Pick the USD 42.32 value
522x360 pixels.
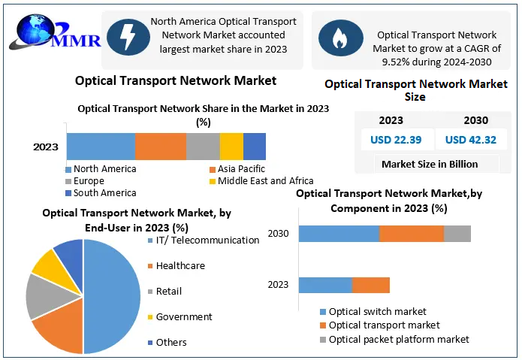point(470,139)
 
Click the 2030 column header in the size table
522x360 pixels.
point(475,120)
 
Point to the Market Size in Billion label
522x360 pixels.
point(430,164)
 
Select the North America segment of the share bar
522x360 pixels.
point(100,146)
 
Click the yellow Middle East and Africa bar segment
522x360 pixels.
point(231,146)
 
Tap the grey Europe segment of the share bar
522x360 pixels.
point(203,146)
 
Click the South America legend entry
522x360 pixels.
point(104,193)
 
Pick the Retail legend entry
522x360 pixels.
point(168,291)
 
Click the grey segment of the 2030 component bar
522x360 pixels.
point(457,234)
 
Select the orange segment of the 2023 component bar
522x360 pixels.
point(371,285)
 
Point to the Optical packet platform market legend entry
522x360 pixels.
point(398,339)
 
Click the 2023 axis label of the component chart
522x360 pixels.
point(278,285)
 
